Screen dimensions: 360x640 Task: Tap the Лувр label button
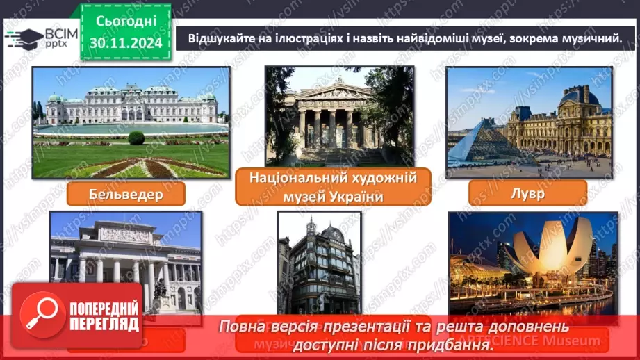[527, 193]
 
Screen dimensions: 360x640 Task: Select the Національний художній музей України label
[333, 187]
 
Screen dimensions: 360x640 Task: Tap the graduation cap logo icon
[22, 38]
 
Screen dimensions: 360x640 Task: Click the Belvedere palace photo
[131, 122]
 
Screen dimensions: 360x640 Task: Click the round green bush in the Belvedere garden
[136, 138]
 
